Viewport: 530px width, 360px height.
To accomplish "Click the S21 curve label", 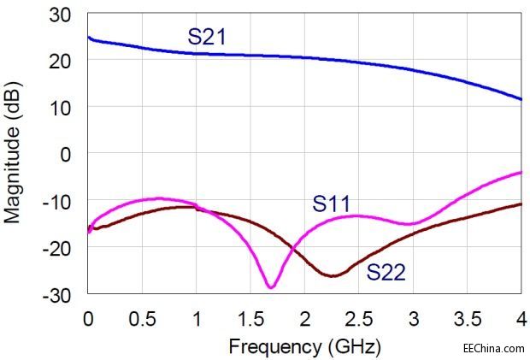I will (207, 37).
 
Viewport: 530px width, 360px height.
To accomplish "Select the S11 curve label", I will (331, 204).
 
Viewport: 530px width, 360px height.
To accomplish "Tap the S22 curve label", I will (386, 273).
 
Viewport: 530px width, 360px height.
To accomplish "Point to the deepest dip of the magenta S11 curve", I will (270, 286).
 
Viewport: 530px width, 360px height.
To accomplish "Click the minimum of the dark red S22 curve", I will (332, 275).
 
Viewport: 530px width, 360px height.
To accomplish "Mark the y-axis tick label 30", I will (62, 15).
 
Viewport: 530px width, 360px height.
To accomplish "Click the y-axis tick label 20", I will (62, 61).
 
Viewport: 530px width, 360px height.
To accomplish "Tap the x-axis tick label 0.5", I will (142, 318).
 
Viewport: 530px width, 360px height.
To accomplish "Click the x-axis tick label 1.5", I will (250, 318).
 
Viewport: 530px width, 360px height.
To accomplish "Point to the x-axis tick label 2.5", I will (359, 318).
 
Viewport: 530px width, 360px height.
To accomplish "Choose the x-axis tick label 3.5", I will (468, 318).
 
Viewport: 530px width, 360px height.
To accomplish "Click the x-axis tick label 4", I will (521, 318).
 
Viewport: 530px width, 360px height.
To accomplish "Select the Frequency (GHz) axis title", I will (303, 346).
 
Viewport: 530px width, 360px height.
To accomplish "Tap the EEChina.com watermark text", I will (492, 348).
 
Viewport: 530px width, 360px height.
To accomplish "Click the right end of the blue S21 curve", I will (521, 99).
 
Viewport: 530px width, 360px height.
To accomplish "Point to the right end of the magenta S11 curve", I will (521, 173).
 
